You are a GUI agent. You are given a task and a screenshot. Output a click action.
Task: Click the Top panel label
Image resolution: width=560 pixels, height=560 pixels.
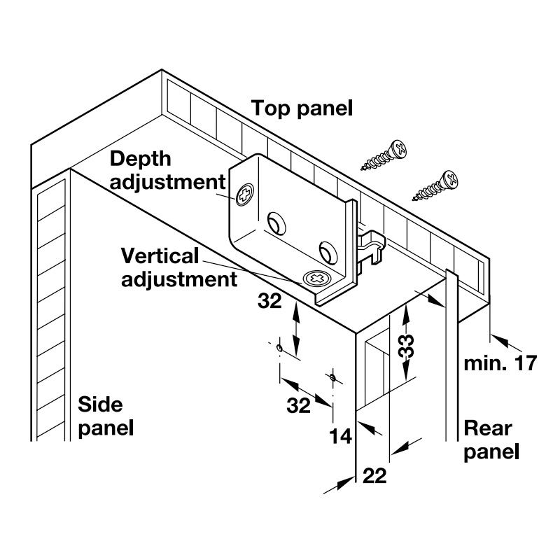pyautogui.click(x=302, y=108)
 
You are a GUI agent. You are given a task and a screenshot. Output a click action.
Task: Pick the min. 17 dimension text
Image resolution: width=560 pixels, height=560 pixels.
pyautogui.click(x=501, y=363)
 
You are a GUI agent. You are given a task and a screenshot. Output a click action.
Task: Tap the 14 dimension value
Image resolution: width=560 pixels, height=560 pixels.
pyautogui.click(x=340, y=435)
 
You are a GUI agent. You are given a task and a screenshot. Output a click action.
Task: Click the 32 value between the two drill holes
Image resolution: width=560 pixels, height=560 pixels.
pyautogui.click(x=299, y=405)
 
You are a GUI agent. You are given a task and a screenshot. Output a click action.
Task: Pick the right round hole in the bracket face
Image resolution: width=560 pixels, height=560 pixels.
pyautogui.click(x=326, y=250)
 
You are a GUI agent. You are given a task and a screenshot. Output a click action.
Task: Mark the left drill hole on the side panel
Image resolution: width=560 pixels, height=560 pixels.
pyautogui.click(x=279, y=348)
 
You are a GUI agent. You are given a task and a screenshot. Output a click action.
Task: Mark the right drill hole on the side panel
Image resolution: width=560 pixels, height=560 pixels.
pyautogui.click(x=332, y=378)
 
